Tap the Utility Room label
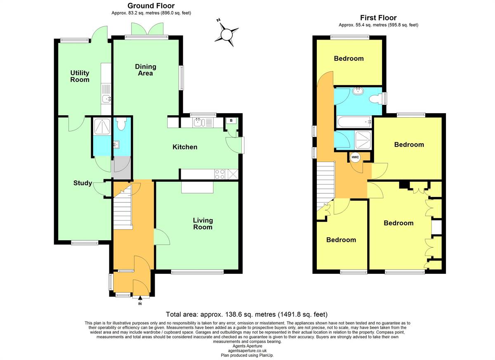pos(80,76)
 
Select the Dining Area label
pos(145,70)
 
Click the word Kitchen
pos(185,147)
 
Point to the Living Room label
pos(203,224)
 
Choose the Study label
pos(82,183)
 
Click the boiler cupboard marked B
pos(231,121)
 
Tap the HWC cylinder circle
pos(355,157)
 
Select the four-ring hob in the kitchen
pos(219,174)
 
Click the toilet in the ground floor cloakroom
pos(121,123)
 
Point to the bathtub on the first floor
pos(354,122)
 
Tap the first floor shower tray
pos(363,140)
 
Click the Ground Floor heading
pos(151,6)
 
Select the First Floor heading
pos(378,18)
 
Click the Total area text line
pos(247,314)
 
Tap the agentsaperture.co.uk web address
pos(247,351)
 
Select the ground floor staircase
pos(123,207)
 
